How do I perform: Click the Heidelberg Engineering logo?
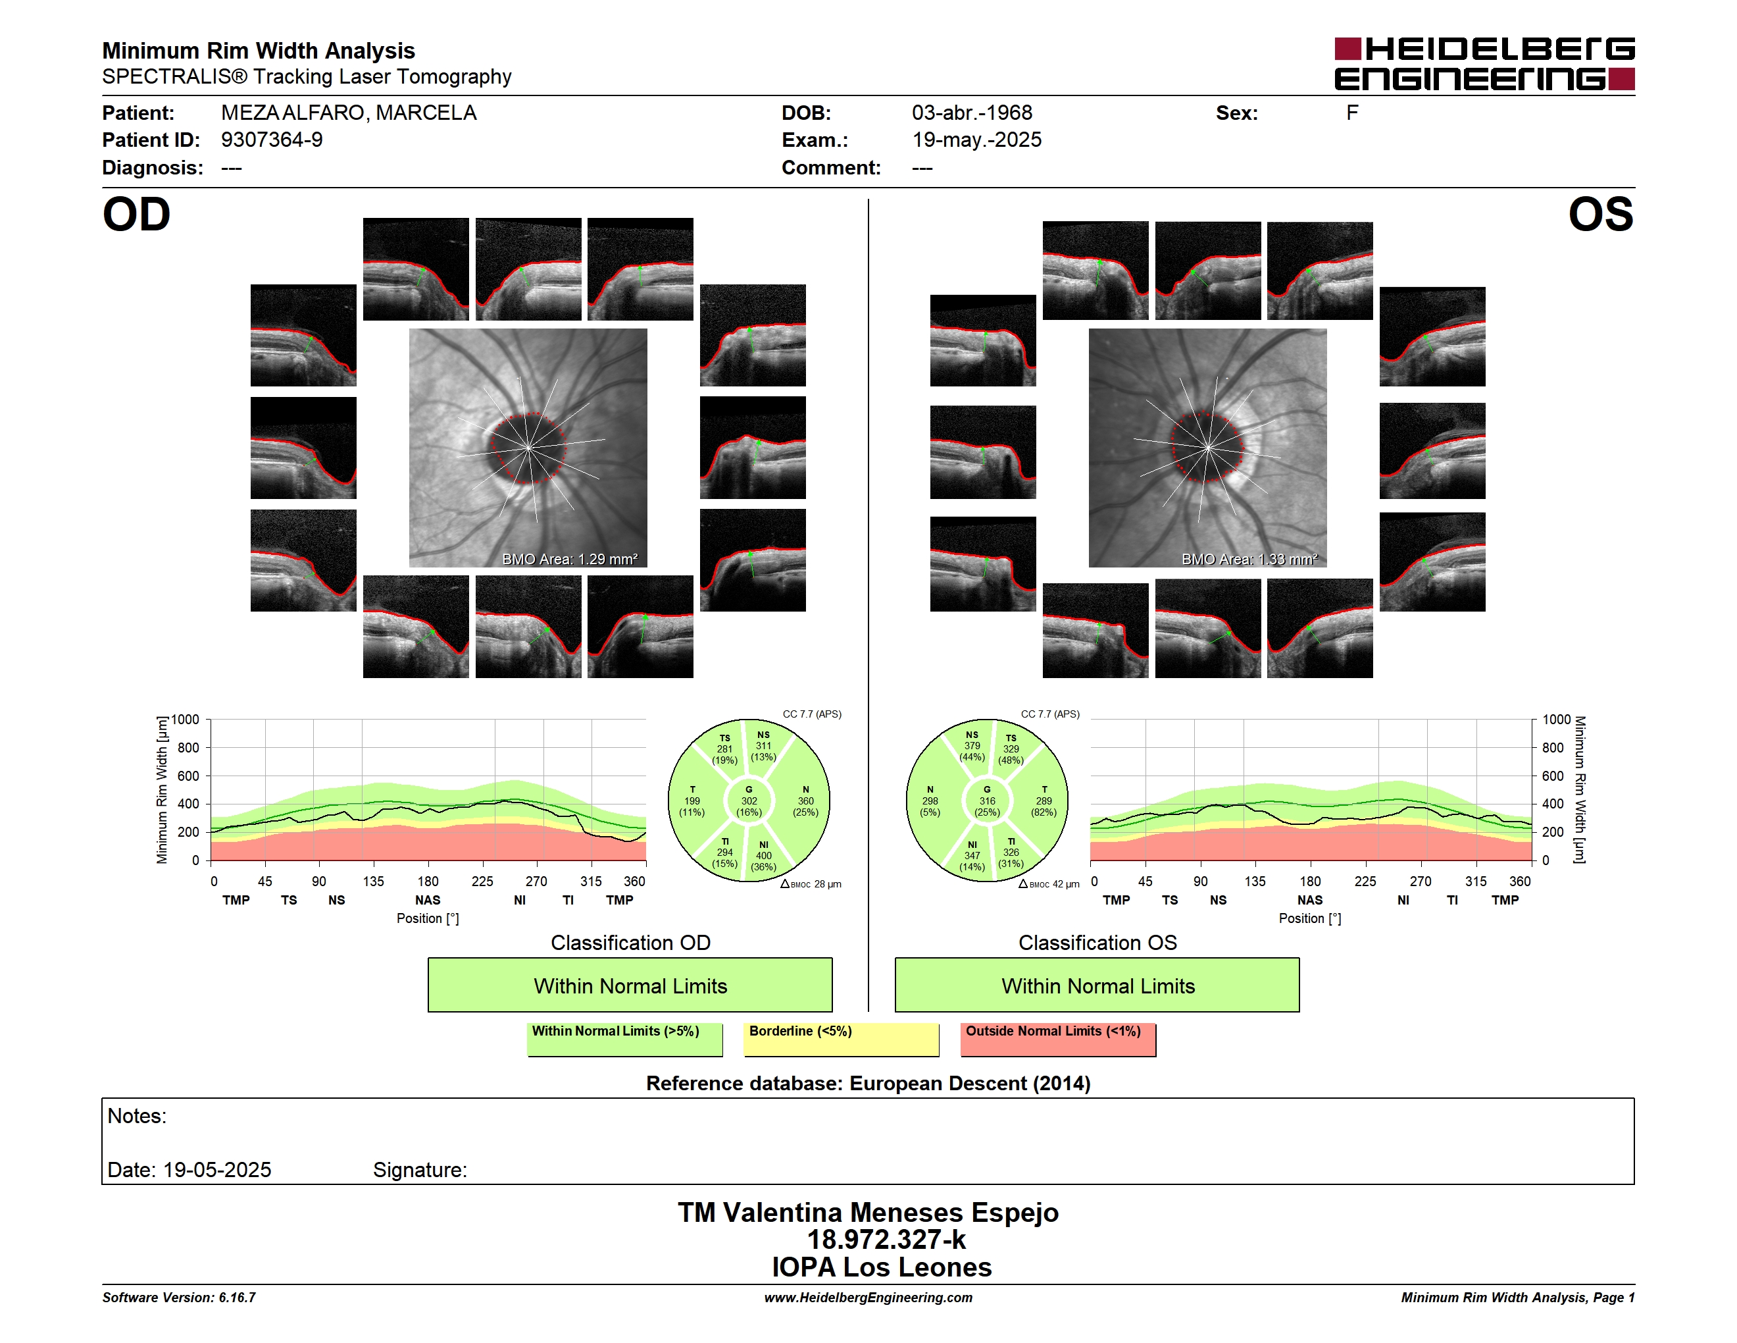1484,64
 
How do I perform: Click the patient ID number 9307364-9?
272,140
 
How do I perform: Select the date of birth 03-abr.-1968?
972,113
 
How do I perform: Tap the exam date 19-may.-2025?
976,140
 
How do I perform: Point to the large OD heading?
137,215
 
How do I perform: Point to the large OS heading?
1600,215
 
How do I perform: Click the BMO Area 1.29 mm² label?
569,560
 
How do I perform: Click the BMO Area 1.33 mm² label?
1249,560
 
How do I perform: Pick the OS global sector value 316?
987,801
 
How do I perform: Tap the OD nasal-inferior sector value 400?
763,855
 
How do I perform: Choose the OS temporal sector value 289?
1044,801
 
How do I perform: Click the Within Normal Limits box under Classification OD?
630,985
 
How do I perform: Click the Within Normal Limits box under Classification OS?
1097,985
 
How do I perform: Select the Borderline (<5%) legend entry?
842,1039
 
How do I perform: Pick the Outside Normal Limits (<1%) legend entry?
1058,1039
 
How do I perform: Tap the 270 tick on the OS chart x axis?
1421,882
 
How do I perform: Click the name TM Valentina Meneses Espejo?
868,1213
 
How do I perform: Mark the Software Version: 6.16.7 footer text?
179,1298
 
